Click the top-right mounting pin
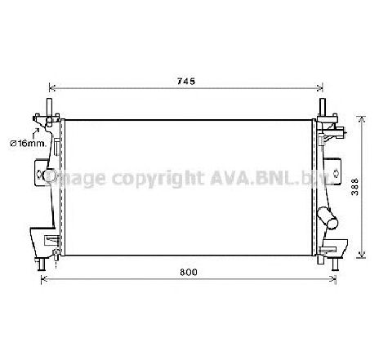click(x=324, y=108)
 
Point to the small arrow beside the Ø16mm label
click(x=36, y=129)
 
